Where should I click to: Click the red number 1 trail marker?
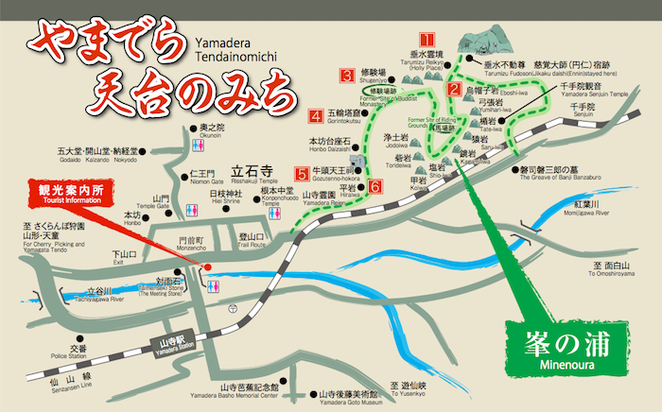[427, 41]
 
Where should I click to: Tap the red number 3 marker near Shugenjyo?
[348, 74]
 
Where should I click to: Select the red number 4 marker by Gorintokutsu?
[315, 117]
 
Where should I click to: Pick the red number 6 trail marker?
[375, 187]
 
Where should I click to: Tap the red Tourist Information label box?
[63, 198]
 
